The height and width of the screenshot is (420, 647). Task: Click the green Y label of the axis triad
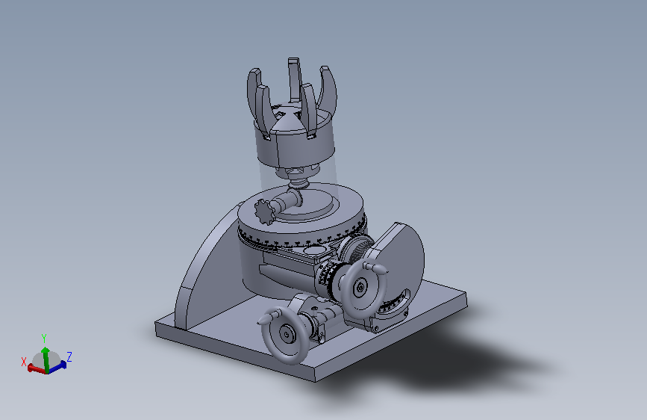point(44,339)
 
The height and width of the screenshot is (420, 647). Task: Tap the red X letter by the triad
point(24,362)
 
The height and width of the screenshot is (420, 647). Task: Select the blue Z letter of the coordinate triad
point(69,356)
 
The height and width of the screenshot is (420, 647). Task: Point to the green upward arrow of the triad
point(46,359)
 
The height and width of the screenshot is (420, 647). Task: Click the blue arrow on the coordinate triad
point(57,367)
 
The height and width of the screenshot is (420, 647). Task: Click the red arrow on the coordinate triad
point(37,368)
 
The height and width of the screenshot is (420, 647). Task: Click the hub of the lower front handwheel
point(286,333)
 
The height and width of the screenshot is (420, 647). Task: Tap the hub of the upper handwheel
point(361,287)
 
